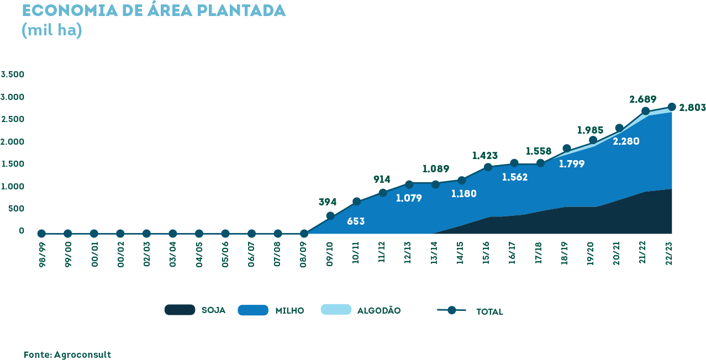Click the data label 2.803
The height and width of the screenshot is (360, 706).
tap(692, 108)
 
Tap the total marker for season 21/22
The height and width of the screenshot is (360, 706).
tap(645, 111)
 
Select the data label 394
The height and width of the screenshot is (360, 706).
tap(328, 202)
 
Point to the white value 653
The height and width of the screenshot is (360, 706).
tap(356, 221)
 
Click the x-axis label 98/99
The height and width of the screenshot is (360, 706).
tap(42, 255)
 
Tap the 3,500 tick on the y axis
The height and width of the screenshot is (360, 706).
tap(13, 75)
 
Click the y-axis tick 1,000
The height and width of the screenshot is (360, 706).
tap(13, 187)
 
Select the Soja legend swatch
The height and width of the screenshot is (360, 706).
tap(180, 310)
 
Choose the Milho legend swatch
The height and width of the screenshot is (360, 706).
tap(253, 310)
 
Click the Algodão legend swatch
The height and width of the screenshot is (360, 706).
tap(336, 309)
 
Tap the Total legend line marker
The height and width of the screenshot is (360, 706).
tap(451, 310)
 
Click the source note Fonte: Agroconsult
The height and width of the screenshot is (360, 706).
tap(67, 354)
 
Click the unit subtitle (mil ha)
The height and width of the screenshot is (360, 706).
tap(52, 30)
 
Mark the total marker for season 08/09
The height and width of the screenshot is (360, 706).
tap(304, 234)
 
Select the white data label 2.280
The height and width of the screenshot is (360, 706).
tap(626, 141)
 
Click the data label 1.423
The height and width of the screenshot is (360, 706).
tap(485, 156)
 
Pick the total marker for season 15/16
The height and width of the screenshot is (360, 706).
tap(488, 167)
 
